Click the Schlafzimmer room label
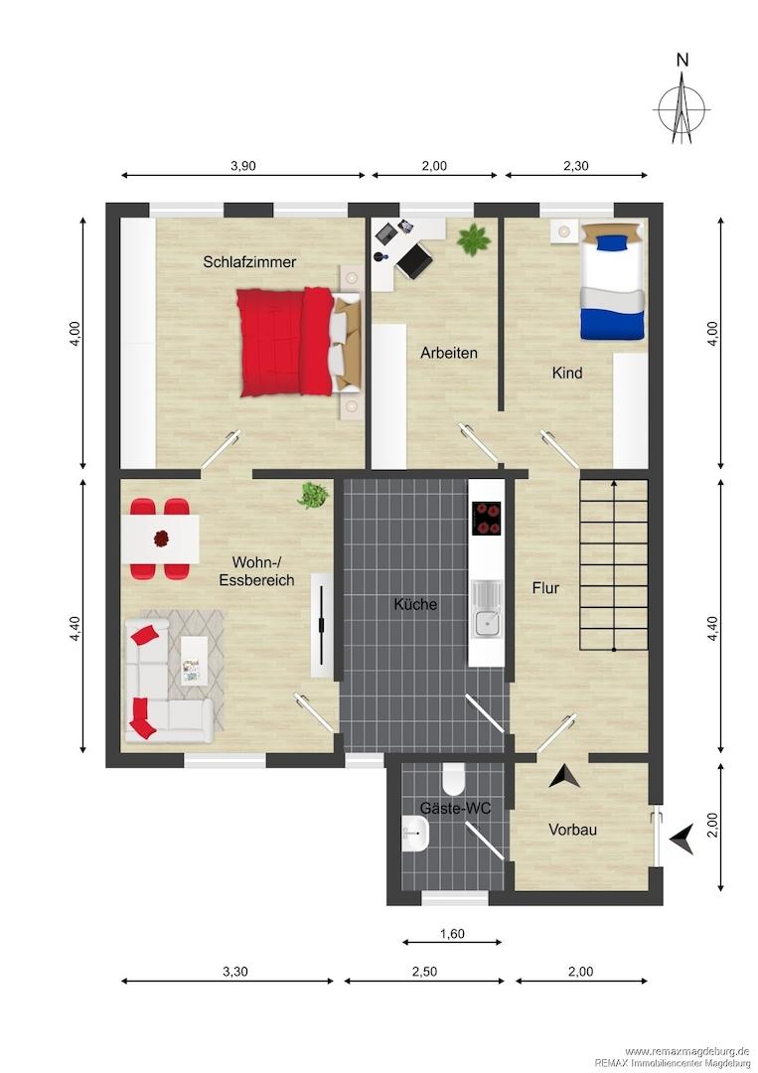pyautogui.click(x=249, y=261)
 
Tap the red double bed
pyautogui.click(x=299, y=342)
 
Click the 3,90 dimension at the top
pyautogui.click(x=243, y=166)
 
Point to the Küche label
pyautogui.click(x=415, y=604)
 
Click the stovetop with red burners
pyautogui.click(x=487, y=518)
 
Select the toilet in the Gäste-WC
pyautogui.click(x=453, y=779)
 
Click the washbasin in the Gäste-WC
pyautogui.click(x=415, y=834)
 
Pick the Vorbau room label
pyautogui.click(x=572, y=830)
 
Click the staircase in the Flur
pyautogui.click(x=614, y=565)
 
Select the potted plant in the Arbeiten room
pyautogui.click(x=474, y=239)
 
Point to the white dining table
pyautogui.click(x=160, y=539)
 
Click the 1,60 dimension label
pyautogui.click(x=452, y=933)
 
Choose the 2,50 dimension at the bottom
pyautogui.click(x=425, y=971)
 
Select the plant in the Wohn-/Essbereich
pyautogui.click(x=313, y=496)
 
